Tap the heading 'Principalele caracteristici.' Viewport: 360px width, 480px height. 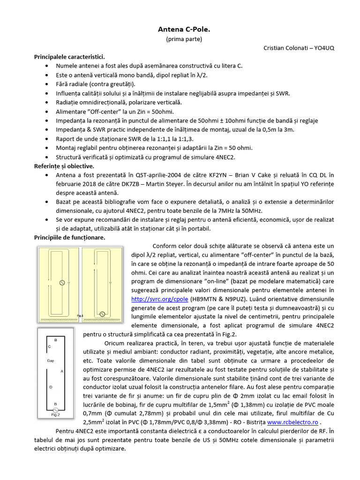(69, 57)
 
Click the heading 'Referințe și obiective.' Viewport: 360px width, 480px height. (64, 166)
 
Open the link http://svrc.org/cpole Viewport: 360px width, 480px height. (160, 299)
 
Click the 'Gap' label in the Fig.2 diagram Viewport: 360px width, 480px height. (51, 361)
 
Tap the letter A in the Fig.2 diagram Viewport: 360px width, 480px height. (62, 371)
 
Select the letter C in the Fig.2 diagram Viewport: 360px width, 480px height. (49, 346)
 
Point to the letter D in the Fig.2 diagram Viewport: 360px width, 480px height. (51, 387)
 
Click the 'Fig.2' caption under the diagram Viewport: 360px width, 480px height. (55, 414)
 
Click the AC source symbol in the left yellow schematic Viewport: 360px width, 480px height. (60, 283)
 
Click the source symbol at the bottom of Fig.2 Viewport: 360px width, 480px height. (56, 409)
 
